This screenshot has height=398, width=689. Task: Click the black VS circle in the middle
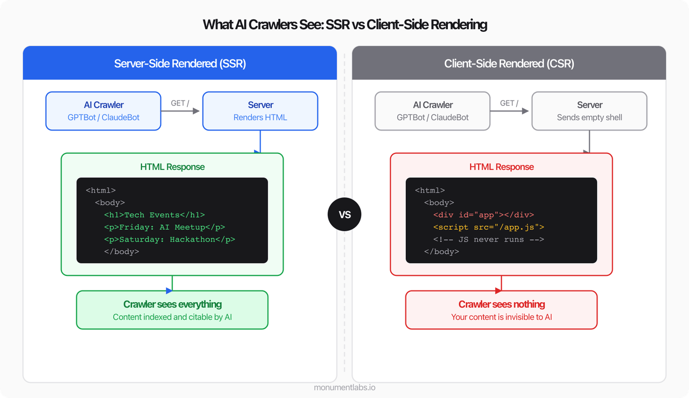[x=344, y=215]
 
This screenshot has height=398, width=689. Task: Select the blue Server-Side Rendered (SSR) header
[x=180, y=63]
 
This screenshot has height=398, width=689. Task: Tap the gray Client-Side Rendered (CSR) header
[x=509, y=63]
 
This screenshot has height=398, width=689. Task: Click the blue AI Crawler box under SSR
[x=103, y=111]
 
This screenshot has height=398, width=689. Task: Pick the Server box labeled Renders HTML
[x=260, y=111]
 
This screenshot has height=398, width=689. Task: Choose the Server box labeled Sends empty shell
[x=589, y=111]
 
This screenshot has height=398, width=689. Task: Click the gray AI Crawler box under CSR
[x=432, y=111]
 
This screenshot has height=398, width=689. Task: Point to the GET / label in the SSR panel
[x=180, y=103]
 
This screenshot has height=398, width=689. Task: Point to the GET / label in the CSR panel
[x=509, y=103]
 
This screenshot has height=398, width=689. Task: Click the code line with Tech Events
[x=154, y=215]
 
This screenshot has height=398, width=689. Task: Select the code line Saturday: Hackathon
[x=170, y=239]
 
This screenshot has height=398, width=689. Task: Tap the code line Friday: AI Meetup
[x=165, y=227]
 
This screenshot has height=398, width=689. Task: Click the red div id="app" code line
[x=483, y=215]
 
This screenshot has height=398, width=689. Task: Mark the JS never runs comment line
[x=488, y=239]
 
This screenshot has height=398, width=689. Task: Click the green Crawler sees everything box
[x=172, y=310]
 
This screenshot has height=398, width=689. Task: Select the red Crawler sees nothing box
[x=501, y=310]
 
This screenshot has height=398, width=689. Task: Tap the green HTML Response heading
[x=172, y=167]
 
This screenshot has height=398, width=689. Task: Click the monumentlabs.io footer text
[x=344, y=387]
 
